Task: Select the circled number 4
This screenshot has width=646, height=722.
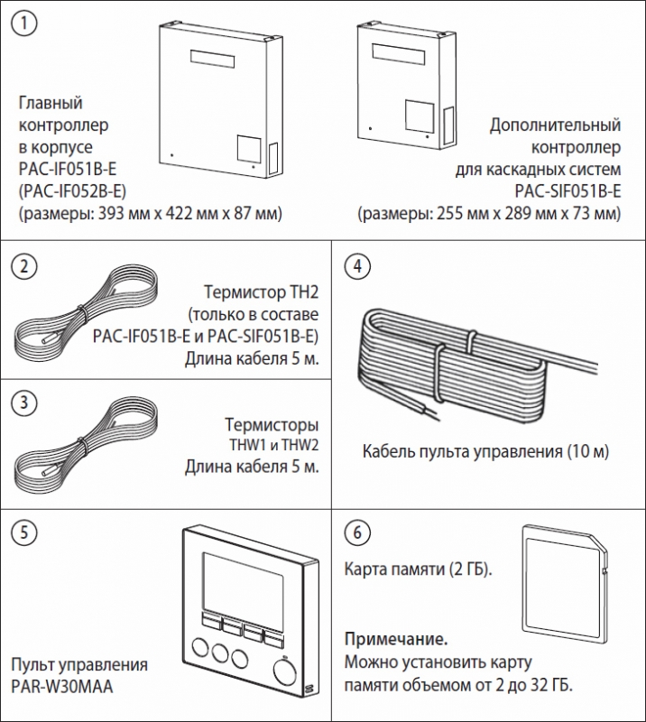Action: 359,267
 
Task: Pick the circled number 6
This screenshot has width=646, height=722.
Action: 359,532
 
